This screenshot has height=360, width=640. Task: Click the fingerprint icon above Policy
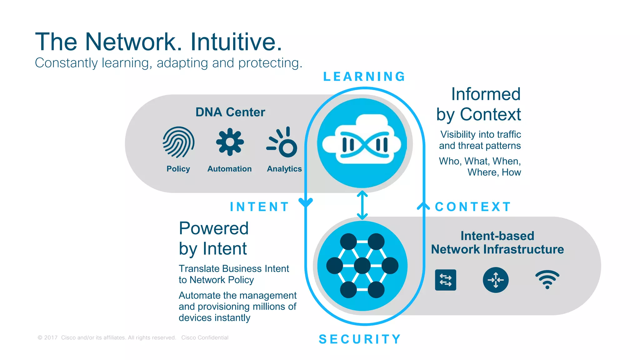point(178,142)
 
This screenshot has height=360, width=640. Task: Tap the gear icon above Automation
point(230,142)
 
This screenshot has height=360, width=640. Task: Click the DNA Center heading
point(230,112)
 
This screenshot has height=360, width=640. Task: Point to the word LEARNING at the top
point(364,77)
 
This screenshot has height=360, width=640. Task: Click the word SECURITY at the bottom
point(360,339)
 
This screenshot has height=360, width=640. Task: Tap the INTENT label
point(259,207)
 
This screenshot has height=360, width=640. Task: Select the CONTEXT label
point(473,207)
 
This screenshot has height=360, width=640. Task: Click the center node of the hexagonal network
point(362,266)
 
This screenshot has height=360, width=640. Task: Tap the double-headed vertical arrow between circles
point(362,205)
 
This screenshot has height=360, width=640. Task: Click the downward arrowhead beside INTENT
point(306,203)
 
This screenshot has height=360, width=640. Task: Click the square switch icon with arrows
point(445,280)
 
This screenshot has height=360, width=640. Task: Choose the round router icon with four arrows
point(496,280)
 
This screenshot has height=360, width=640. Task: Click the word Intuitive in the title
point(236,42)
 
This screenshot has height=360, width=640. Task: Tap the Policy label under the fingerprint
point(178,169)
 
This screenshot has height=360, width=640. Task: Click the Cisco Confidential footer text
point(205,337)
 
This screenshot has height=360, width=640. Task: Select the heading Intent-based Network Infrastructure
point(497,242)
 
